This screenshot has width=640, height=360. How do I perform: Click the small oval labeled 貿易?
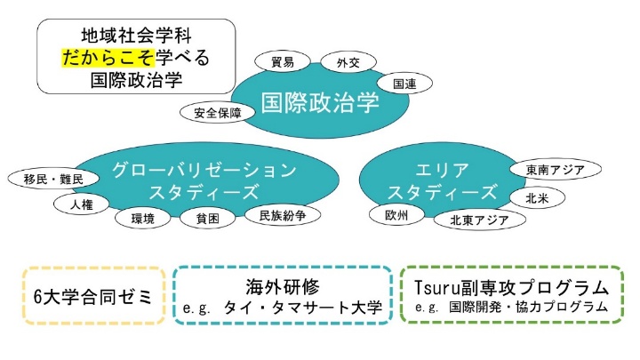tap(283, 61)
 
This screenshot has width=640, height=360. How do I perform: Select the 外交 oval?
tap(348, 62)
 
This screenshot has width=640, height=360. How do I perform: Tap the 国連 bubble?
tap(404, 84)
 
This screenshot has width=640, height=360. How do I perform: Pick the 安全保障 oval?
tap(218, 113)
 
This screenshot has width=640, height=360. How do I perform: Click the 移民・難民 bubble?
tap(53, 179)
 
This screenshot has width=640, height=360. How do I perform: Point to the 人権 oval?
tap(82, 204)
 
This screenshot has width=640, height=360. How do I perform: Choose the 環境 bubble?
tap(143, 219)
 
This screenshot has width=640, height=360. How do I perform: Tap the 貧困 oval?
tap(208, 219)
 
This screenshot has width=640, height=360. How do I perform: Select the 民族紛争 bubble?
tap(283, 215)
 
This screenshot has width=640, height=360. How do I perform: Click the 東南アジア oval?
tap(556, 170)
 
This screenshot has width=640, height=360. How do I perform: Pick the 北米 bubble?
tap(537, 198)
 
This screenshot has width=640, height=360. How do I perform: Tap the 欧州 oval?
tap(396, 215)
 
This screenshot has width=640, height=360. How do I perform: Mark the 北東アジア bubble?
tap(480, 220)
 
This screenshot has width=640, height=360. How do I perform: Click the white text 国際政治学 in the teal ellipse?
tap(320, 102)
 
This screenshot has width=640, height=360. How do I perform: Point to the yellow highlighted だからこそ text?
tap(108, 58)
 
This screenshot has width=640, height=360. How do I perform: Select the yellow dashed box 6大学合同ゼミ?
tap(94, 296)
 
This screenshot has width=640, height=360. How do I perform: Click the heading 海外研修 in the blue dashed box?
tap(283, 286)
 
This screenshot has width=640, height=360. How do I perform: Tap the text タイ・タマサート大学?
tap(302, 308)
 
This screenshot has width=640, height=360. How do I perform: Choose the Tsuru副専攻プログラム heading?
tap(512, 288)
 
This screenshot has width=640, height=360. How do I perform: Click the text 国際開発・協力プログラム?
tap(529, 307)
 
